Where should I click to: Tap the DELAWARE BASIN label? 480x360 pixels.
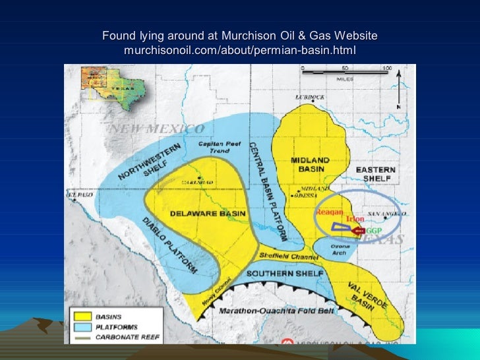tap(200, 214)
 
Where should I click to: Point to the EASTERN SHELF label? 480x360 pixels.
tap(376, 174)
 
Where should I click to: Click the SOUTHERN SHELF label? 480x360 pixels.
tap(285, 273)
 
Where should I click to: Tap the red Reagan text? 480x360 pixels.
tap(330, 212)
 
